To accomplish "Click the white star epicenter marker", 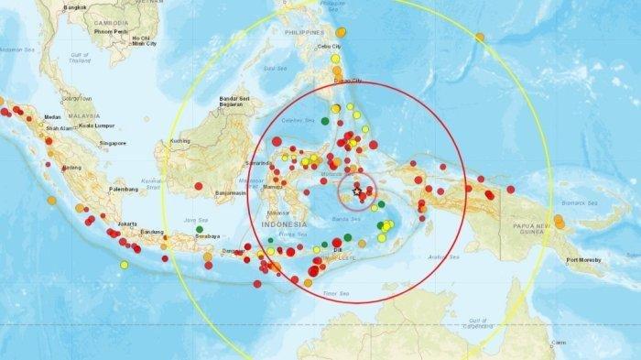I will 357,191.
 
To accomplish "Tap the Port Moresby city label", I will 583,261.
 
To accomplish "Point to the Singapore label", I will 114,143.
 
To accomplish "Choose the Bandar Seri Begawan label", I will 234,100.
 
